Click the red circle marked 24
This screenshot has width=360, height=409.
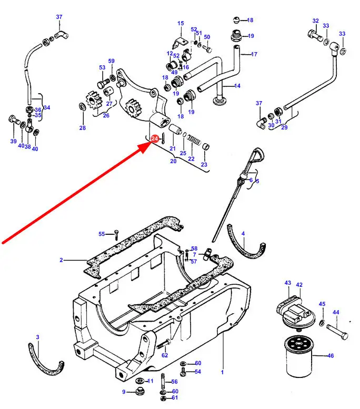pos(155,138)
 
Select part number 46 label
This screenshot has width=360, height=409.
pos(331,356)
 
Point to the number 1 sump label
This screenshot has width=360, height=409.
pos(222,373)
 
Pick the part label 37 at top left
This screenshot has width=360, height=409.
pos(59,17)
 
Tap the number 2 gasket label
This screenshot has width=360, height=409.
pos(61,260)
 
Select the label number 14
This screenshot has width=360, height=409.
pos(237,86)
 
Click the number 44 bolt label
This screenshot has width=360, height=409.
pos(335,312)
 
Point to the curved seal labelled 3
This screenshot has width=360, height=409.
pos(46,358)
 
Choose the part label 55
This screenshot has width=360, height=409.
pos(102,234)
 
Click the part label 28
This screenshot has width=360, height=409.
pos(82,128)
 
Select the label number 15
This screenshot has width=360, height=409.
pos(181,23)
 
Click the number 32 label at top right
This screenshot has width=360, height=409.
pos(315,21)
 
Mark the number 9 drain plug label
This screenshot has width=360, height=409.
pos(124,392)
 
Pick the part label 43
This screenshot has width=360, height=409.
pos(288,283)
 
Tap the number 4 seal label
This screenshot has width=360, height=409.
pos(243,233)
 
